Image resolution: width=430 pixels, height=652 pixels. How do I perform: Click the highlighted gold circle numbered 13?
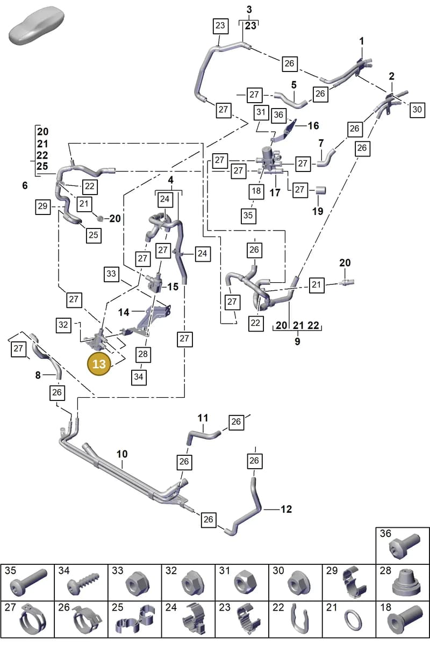coord(99,364)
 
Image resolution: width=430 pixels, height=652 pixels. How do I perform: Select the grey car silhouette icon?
coord(37,26)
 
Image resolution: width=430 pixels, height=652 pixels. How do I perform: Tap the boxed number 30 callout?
coord(417,110)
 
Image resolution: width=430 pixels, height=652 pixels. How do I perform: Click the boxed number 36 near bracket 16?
coord(278,114)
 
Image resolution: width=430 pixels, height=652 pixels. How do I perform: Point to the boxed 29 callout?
coord(43,206)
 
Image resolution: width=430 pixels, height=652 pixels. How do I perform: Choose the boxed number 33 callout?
coord(111,274)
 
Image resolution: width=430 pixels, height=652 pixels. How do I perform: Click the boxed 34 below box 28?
coord(139,377)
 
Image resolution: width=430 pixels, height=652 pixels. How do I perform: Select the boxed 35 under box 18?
coord(248,216)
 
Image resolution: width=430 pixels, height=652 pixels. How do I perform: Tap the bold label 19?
coord(318,211)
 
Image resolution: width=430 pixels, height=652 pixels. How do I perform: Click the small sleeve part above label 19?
coord(320,190)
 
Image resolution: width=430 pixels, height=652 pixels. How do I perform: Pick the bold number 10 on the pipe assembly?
coord(122,454)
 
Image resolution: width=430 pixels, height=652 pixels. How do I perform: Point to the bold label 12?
coord(286,509)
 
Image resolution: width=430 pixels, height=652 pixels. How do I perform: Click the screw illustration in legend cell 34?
coord(83,584)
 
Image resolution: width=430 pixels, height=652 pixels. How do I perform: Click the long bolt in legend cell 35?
coord(28,583)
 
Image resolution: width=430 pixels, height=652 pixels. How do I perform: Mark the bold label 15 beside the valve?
coord(173,286)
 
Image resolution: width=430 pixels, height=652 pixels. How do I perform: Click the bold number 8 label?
coord(38,375)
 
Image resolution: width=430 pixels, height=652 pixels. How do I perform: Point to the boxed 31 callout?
coord(261,112)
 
